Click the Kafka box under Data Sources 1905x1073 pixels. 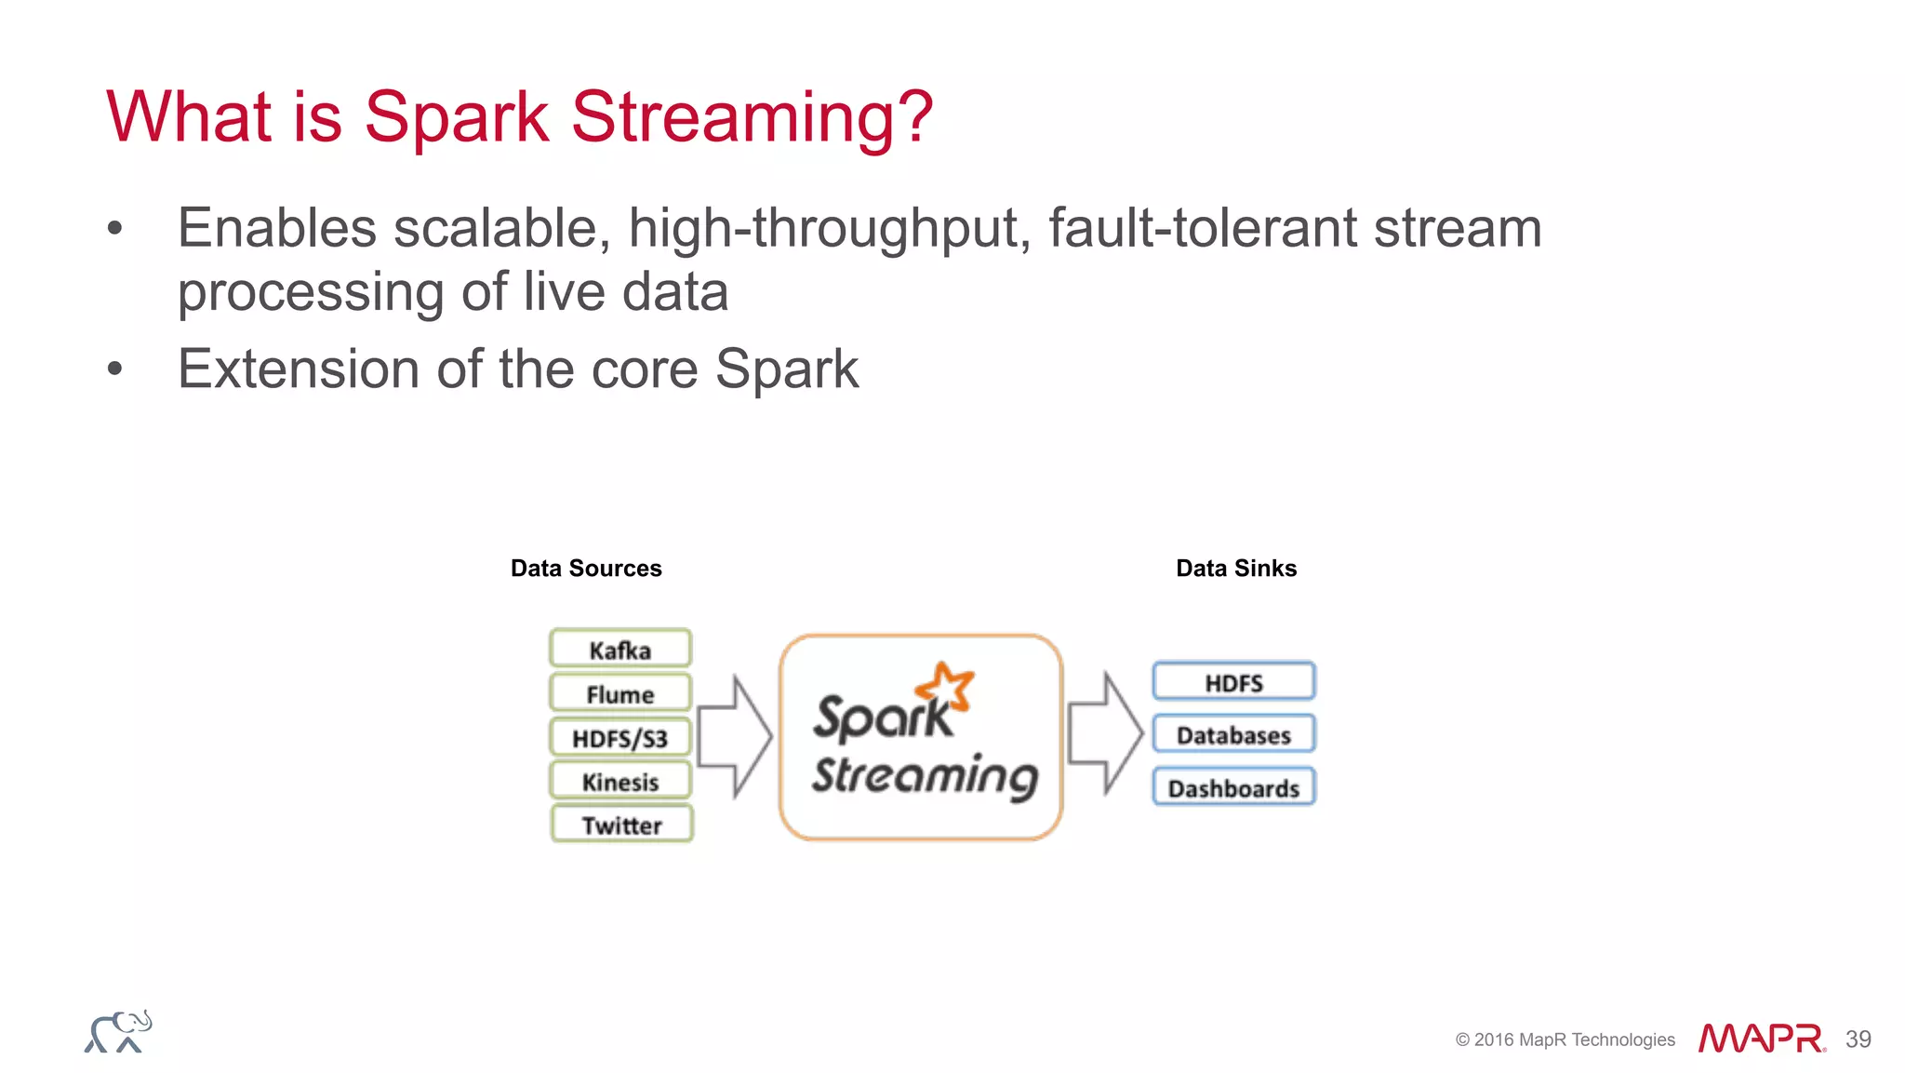pos(620,649)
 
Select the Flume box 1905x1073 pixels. pos(620,693)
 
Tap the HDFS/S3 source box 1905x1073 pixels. pos(620,738)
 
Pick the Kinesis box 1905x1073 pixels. pos(620,781)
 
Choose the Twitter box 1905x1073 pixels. pos(621,825)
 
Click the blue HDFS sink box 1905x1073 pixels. pos(1233,682)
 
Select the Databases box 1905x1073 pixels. pos(1233,734)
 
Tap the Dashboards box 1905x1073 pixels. pos(1233,787)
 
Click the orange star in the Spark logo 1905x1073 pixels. pos(947,686)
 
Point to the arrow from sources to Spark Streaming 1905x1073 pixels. pos(734,736)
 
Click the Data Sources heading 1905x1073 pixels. pos(586,568)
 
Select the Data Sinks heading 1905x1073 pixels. pos(1235,568)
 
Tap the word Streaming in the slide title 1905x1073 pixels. pos(751,117)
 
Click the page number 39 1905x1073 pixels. pos(1858,1039)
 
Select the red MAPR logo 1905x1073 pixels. pos(1761,1039)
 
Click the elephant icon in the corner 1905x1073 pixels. pos(118,1032)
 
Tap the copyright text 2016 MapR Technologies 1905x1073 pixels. pos(1565,1039)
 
